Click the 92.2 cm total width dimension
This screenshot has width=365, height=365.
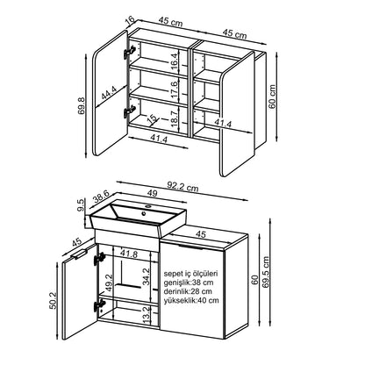[x=182, y=186]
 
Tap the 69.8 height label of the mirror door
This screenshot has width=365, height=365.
[x=82, y=105]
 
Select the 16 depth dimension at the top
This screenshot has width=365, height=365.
[x=130, y=20]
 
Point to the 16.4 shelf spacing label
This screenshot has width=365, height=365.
[x=174, y=61]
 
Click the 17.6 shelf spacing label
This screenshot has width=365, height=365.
[x=174, y=89]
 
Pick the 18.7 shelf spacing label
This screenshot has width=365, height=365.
[x=174, y=118]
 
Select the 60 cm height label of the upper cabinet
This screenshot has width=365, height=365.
[x=272, y=97]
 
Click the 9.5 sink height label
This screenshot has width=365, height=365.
[x=81, y=204]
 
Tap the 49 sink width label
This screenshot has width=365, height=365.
[x=153, y=193]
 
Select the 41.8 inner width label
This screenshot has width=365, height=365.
[x=129, y=254]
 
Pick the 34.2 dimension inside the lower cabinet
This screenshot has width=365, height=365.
[x=147, y=276]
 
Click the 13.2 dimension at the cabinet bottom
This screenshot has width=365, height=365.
[x=147, y=314]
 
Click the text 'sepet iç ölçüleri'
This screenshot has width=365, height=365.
[x=190, y=274]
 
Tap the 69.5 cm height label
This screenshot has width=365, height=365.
[x=266, y=272]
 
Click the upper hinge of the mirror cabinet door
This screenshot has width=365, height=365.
[x=129, y=52]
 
